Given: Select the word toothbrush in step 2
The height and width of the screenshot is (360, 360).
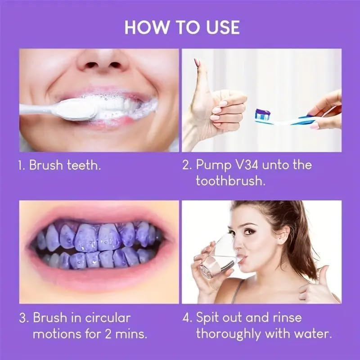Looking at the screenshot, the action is tap(230, 181).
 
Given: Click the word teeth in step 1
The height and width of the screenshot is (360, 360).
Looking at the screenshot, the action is tap(84, 165).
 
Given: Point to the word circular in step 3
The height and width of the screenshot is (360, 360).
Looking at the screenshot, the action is tap(108, 318).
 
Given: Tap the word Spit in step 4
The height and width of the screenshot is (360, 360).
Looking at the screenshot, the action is tap(207, 318).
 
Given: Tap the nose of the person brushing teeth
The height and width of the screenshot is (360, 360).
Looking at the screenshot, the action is tap(102, 60).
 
